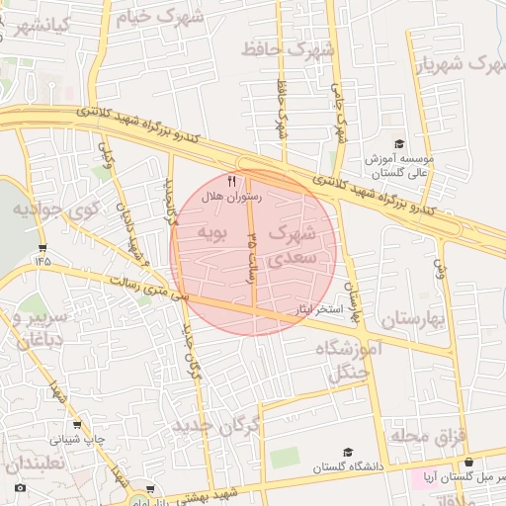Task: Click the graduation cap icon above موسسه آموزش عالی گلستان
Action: [399, 144]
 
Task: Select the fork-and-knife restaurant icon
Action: [232, 181]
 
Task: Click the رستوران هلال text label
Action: [230, 197]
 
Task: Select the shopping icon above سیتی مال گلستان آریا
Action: [468, 462]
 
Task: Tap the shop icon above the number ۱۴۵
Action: [42, 247]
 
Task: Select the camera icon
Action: [20, 488]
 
